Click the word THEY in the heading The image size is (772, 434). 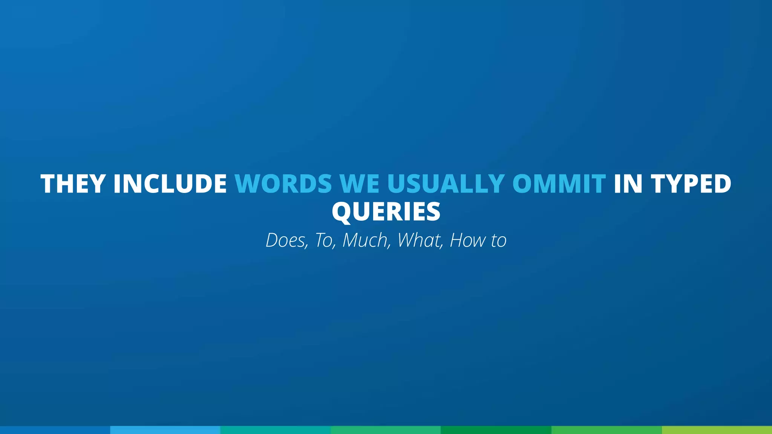point(72,184)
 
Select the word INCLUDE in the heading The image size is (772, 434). point(170,184)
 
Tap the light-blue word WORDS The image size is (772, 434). point(283,184)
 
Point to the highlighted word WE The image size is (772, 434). point(359,184)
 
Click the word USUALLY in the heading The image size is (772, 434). point(446,184)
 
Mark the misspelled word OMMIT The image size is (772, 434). point(559,184)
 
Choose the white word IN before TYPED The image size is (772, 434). point(628,184)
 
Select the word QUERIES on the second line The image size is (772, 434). point(386,212)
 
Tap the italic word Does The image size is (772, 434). point(286,240)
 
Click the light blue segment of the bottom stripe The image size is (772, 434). point(165,430)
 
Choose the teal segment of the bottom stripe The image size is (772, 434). point(276,430)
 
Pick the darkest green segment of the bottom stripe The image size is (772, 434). point(496,430)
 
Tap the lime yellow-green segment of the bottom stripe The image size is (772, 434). point(717,430)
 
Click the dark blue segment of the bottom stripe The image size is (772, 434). point(55,430)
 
